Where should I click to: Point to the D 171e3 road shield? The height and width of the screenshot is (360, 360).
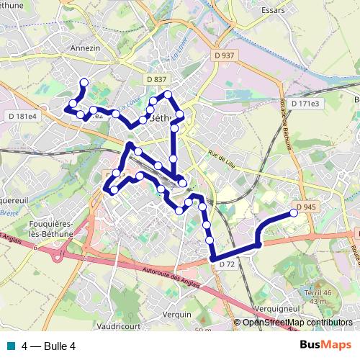pos(305,104)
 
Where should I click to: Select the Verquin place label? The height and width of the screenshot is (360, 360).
pos(177,314)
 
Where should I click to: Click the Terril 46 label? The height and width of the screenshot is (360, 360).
pos(317,292)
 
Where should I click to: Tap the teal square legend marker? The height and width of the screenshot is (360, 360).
pos(12,346)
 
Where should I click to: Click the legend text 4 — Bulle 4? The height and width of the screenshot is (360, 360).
pos(49,346)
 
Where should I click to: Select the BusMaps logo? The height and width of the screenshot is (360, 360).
pos(326,346)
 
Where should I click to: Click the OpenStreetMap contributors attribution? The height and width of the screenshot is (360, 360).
pos(297,323)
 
